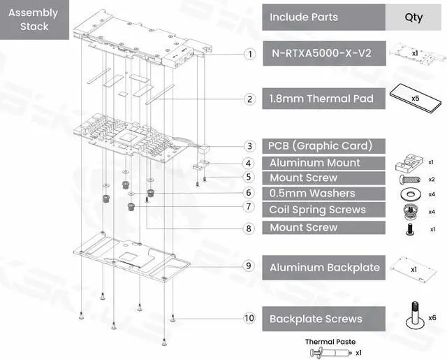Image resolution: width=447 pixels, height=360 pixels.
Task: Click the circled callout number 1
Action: pos(249,54)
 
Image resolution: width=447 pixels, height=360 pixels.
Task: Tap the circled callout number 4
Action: pos(249,163)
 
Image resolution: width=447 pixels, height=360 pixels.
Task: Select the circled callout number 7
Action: pos(249,208)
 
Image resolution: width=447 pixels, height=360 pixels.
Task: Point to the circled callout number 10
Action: pos(249,319)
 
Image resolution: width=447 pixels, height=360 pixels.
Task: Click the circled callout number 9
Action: pos(249,266)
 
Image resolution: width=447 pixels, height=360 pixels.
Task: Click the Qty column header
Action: pos(413,17)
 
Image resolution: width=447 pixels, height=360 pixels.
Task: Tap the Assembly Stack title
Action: pos(34,20)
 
